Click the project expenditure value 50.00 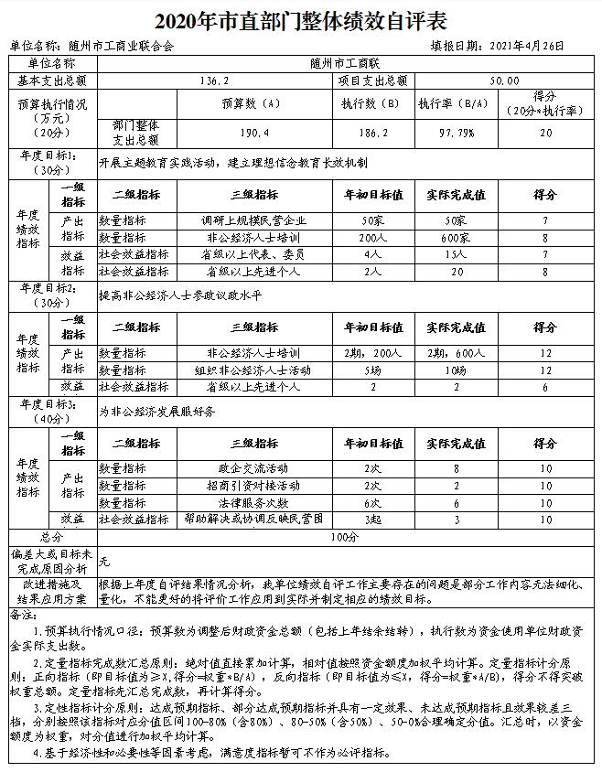505,80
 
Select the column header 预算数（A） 250,103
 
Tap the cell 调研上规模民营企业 253,220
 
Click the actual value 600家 456,237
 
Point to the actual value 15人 456,254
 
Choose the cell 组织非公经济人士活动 253,370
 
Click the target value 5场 371,370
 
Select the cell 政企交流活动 253,468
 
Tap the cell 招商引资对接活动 253,486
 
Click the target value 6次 371,503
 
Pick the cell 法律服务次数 253,503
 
